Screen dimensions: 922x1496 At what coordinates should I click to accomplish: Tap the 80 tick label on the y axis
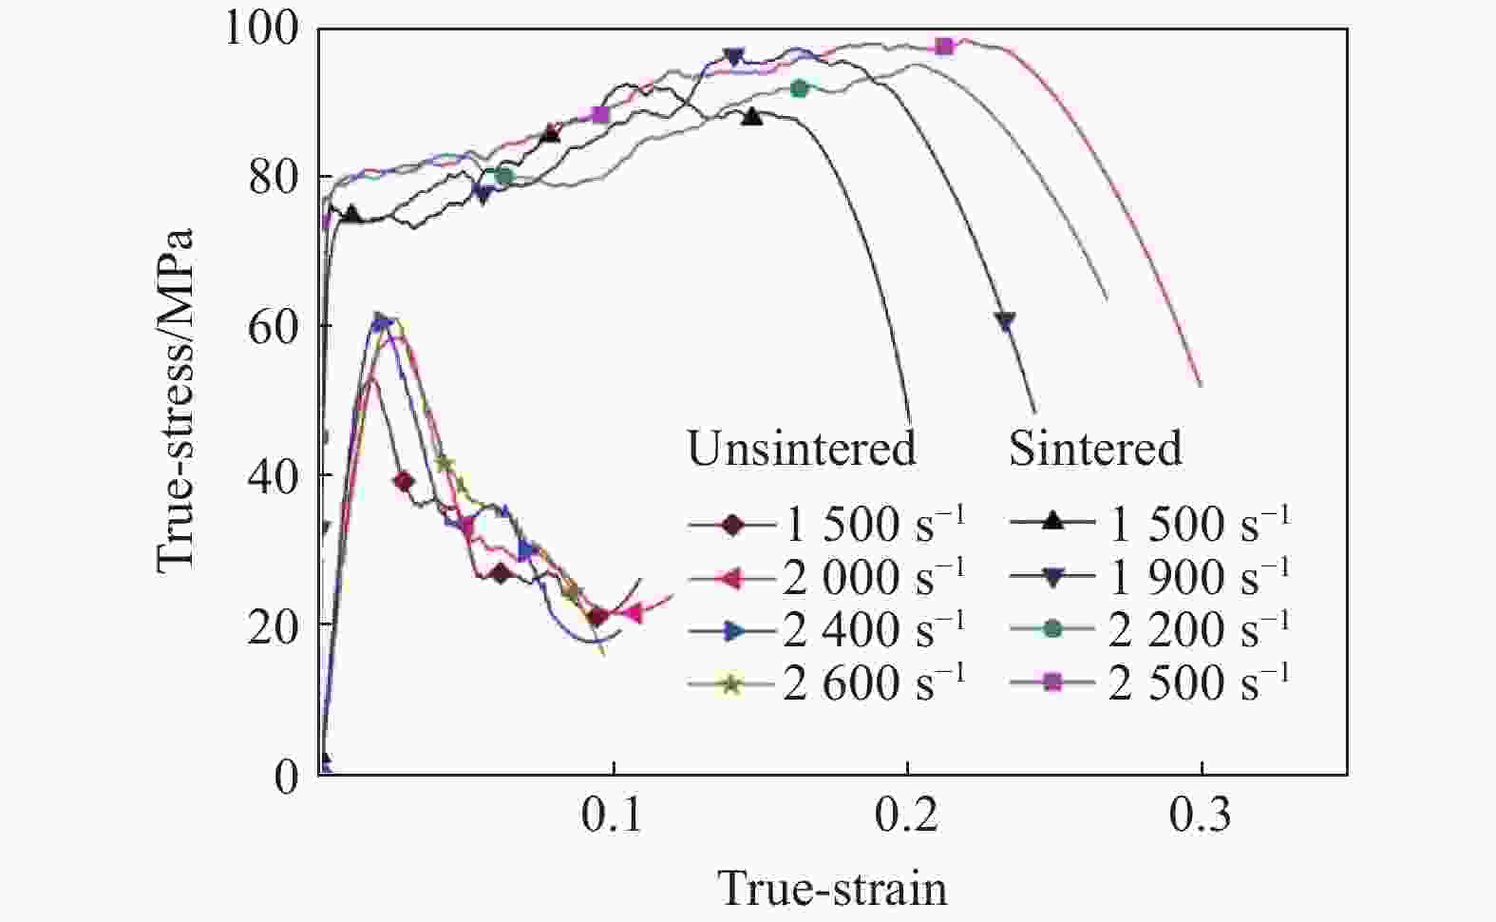click(x=275, y=178)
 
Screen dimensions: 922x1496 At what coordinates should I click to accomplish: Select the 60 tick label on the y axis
click(x=275, y=327)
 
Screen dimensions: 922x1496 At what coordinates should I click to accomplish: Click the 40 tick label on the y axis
click(x=275, y=475)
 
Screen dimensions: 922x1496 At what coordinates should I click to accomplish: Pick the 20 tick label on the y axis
click(x=275, y=625)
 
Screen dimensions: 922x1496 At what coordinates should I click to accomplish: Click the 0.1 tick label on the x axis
click(x=615, y=816)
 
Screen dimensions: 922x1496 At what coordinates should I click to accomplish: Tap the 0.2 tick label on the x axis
click(x=908, y=816)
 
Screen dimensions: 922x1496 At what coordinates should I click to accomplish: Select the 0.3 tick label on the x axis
click(x=1202, y=816)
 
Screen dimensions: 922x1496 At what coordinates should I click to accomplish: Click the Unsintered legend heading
click(x=802, y=448)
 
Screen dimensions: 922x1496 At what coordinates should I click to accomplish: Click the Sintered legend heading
click(x=1095, y=448)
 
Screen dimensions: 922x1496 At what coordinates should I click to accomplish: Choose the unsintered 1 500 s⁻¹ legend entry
click(x=826, y=523)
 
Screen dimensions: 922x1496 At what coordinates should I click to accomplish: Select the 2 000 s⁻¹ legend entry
click(x=826, y=575)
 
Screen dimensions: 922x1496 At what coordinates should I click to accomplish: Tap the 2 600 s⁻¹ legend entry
click(x=826, y=682)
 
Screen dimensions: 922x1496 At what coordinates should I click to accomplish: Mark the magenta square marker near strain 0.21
click(x=944, y=46)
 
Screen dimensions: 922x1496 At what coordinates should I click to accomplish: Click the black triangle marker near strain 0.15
click(x=752, y=117)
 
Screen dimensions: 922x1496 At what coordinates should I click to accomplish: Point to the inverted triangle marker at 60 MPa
click(x=1005, y=321)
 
